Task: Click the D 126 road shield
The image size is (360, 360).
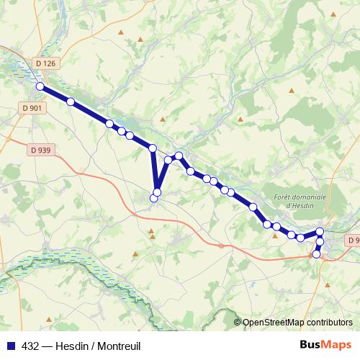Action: pyautogui.click(x=45, y=63)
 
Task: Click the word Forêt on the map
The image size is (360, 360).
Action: pyautogui.click(x=289, y=197)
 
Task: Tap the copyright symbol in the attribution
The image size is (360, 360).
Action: pyautogui.click(x=238, y=323)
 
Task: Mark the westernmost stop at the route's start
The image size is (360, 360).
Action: pyautogui.click(x=40, y=87)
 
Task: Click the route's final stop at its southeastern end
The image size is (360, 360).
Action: pyautogui.click(x=316, y=254)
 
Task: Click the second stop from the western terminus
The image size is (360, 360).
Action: pyautogui.click(x=71, y=102)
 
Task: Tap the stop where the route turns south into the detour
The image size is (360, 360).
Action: pyautogui.click(x=152, y=148)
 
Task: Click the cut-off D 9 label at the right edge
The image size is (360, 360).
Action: pyautogui.click(x=353, y=240)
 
